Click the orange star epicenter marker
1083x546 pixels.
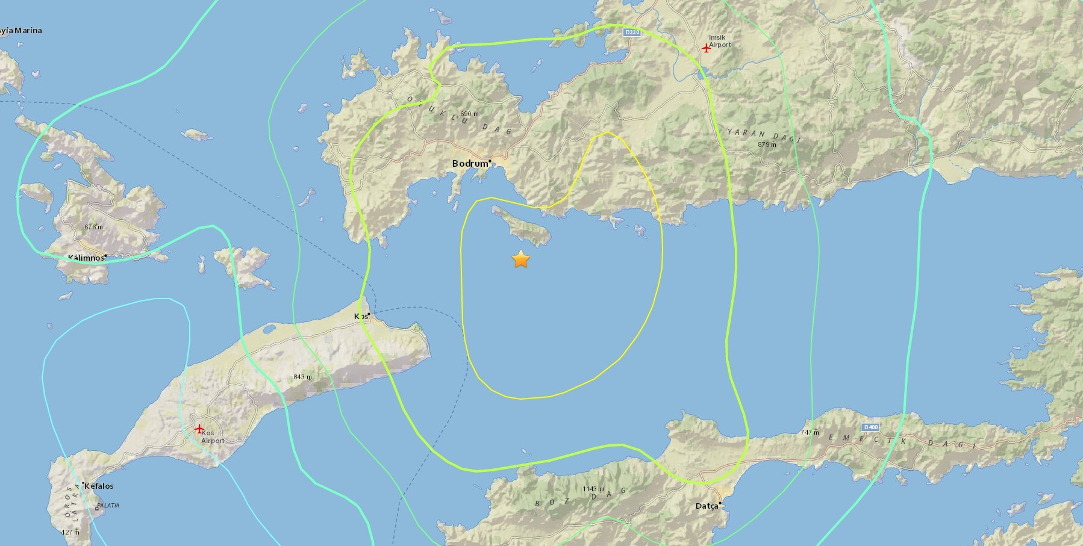(520, 259)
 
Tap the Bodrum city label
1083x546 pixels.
(470, 164)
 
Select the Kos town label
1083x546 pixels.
(360, 316)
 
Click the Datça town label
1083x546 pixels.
(707, 506)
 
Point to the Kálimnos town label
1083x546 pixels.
(86, 258)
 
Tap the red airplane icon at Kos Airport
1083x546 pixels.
(199, 429)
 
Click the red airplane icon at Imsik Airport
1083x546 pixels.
(707, 48)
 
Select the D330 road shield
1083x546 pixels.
(632, 33)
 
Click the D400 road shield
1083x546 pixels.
(870, 427)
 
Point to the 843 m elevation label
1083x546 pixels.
(302, 377)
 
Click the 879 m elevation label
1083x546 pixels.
(767, 144)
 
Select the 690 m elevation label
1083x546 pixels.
(469, 114)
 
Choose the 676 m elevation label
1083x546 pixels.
(93, 227)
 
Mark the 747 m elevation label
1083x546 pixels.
(810, 432)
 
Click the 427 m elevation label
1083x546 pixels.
(70, 532)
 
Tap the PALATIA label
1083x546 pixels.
(108, 505)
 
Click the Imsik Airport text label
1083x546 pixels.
(719, 41)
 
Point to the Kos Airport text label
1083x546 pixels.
(213, 437)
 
